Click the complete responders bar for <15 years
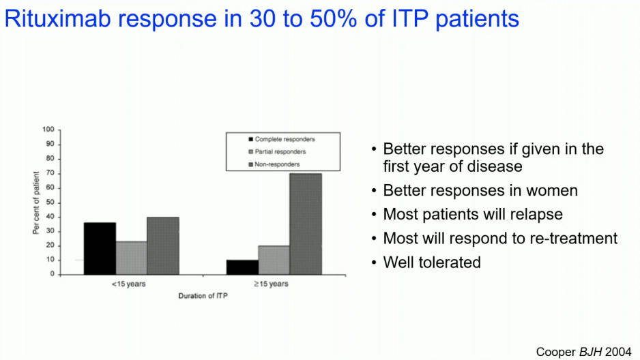click(x=100, y=248)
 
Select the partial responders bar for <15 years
click(x=131, y=258)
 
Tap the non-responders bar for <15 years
click(x=162, y=245)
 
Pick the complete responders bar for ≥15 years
click(x=242, y=267)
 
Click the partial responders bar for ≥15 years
click(x=274, y=260)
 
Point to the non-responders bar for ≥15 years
click(x=305, y=224)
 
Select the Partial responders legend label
click(x=280, y=151)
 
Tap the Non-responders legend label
click(x=277, y=164)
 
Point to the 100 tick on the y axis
click(x=48, y=130)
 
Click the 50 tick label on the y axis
click(x=50, y=202)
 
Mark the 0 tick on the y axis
click(x=52, y=275)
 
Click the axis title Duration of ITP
click(x=201, y=296)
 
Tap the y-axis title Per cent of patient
click(x=35, y=202)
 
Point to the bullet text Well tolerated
click(x=432, y=262)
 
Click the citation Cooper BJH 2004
click(x=585, y=352)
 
